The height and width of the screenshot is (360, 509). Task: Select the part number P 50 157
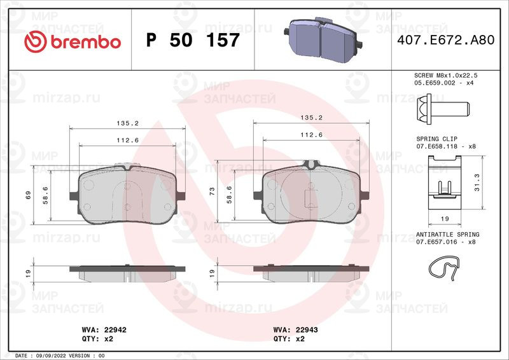[x=193, y=41]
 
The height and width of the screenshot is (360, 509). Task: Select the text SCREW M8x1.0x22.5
[x=445, y=75]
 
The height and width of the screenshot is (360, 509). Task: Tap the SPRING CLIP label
[x=436, y=138]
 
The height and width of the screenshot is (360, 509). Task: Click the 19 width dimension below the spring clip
[x=445, y=218]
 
